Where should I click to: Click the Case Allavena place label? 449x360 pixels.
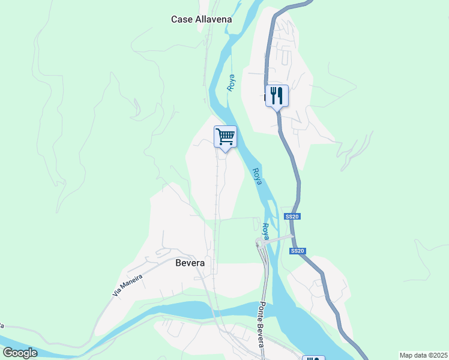(x=201, y=19)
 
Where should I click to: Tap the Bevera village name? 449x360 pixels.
(x=190, y=263)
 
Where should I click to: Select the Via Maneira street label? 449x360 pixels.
(x=127, y=285)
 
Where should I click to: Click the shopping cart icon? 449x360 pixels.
(x=225, y=136)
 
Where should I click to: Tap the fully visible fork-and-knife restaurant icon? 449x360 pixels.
(x=277, y=95)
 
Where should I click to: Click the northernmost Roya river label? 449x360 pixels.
(x=231, y=82)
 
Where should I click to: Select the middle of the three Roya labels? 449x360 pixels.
(x=257, y=176)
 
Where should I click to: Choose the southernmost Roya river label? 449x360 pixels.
(x=266, y=232)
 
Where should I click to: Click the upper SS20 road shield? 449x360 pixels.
(x=291, y=216)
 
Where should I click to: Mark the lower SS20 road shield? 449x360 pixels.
(x=297, y=251)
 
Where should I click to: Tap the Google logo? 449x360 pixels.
(x=20, y=353)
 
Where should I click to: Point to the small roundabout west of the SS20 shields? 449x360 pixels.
(x=259, y=243)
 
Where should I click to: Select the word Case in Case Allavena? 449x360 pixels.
(x=182, y=19)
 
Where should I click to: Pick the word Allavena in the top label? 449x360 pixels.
(x=213, y=19)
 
